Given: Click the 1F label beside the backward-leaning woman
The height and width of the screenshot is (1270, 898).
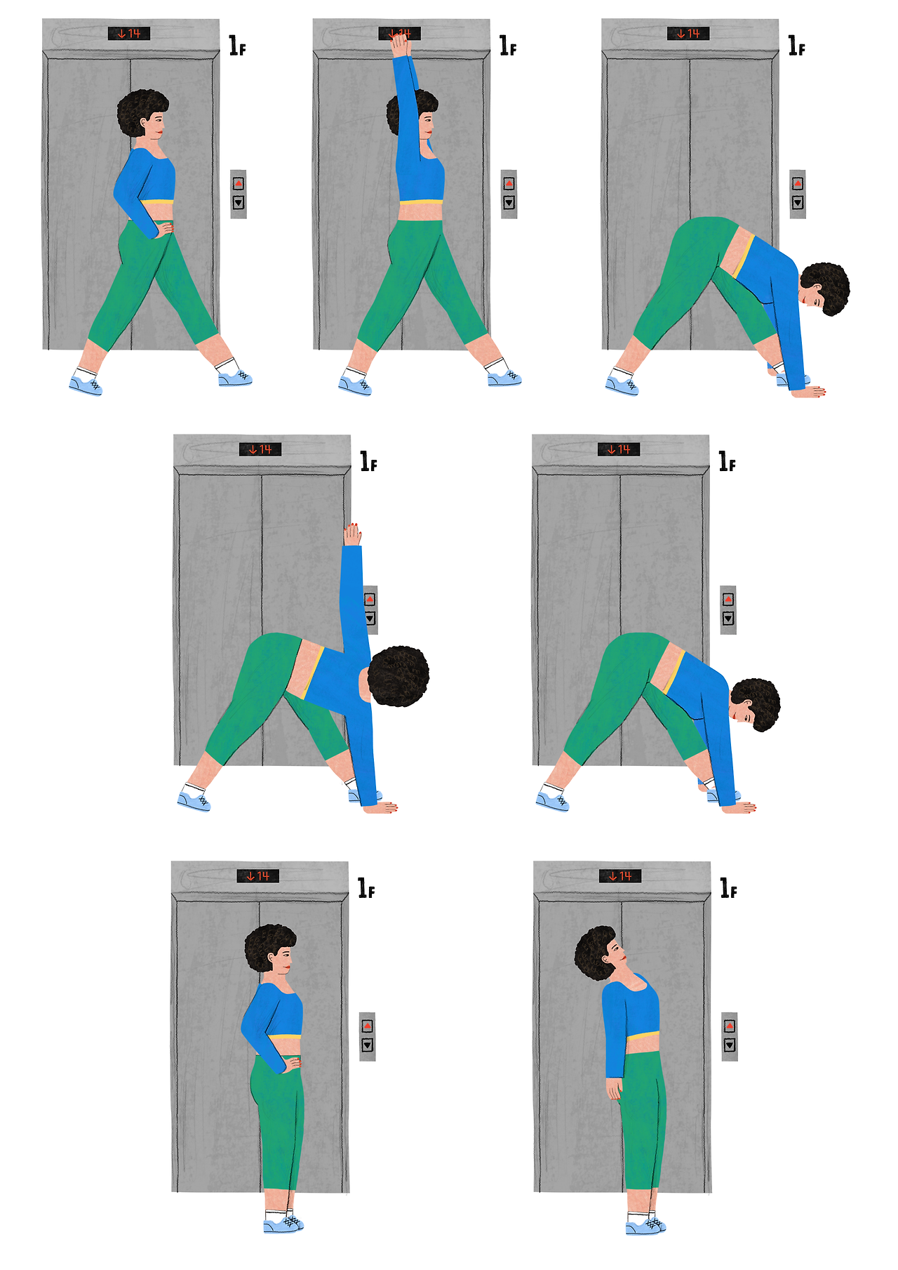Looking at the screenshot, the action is tap(729, 888).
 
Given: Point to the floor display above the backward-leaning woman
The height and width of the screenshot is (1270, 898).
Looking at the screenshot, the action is tap(620, 875).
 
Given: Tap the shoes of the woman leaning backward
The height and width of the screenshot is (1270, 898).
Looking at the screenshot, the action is tap(645, 1224).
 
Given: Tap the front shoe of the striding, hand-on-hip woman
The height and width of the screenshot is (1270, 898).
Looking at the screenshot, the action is tap(235, 378).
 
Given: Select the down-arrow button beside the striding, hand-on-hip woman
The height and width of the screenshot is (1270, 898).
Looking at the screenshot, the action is tap(239, 203).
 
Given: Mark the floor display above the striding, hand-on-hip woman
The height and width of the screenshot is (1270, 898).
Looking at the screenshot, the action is tap(129, 33).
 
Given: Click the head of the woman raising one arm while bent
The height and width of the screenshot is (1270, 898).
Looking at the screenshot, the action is tap(397, 676).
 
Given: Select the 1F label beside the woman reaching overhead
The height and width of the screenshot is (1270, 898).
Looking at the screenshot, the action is tap(508, 46).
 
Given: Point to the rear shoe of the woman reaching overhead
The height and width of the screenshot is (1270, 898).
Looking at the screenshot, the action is tap(355, 384).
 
